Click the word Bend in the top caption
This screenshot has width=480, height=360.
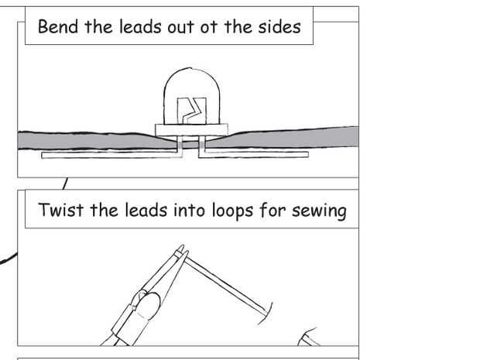(x=58, y=26)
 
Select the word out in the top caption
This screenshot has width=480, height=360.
(x=180, y=27)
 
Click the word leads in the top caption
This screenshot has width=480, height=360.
(x=140, y=26)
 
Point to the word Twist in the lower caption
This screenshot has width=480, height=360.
(x=60, y=210)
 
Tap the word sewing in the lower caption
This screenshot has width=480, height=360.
(x=319, y=211)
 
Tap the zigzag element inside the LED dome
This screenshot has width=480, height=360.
(x=192, y=111)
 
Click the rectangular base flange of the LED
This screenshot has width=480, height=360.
(x=192, y=130)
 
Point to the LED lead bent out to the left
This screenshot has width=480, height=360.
(x=112, y=155)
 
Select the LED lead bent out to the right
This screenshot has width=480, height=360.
(x=253, y=155)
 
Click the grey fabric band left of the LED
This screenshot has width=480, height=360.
(x=92, y=141)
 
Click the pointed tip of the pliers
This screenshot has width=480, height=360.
(x=183, y=246)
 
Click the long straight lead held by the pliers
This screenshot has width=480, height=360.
(x=225, y=283)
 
